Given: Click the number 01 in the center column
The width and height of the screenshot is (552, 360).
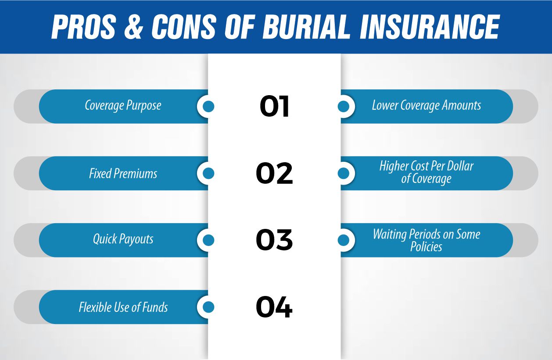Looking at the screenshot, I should (275, 107).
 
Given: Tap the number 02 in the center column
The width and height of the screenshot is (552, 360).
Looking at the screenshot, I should (274, 173).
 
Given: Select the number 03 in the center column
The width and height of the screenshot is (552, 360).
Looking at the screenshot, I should (274, 240).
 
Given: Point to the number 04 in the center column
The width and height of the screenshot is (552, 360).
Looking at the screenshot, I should (274, 307).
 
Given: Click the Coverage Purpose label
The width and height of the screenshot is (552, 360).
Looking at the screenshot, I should (123, 106).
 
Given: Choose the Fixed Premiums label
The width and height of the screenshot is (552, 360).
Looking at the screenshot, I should (123, 173).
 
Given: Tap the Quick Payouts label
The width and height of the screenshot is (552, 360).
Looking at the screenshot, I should (123, 239).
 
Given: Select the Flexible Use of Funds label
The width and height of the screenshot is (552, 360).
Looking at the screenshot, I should (123, 307).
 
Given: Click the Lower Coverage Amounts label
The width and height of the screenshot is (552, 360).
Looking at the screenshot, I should (427, 106).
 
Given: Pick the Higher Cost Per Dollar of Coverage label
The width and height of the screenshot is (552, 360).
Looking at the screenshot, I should (427, 173).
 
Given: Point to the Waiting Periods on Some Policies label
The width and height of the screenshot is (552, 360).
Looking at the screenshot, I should (427, 240).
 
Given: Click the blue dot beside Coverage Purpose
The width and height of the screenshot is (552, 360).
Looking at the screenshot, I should (209, 107).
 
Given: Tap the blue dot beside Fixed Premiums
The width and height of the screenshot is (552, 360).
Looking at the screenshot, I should (209, 173).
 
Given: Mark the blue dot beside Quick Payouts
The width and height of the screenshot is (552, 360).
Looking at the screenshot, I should (209, 240).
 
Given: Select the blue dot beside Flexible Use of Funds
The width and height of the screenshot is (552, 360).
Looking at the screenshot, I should (209, 307).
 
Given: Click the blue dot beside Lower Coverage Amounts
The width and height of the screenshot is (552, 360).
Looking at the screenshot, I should (344, 107).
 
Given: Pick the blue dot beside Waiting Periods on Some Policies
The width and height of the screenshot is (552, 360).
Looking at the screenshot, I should (344, 240).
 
